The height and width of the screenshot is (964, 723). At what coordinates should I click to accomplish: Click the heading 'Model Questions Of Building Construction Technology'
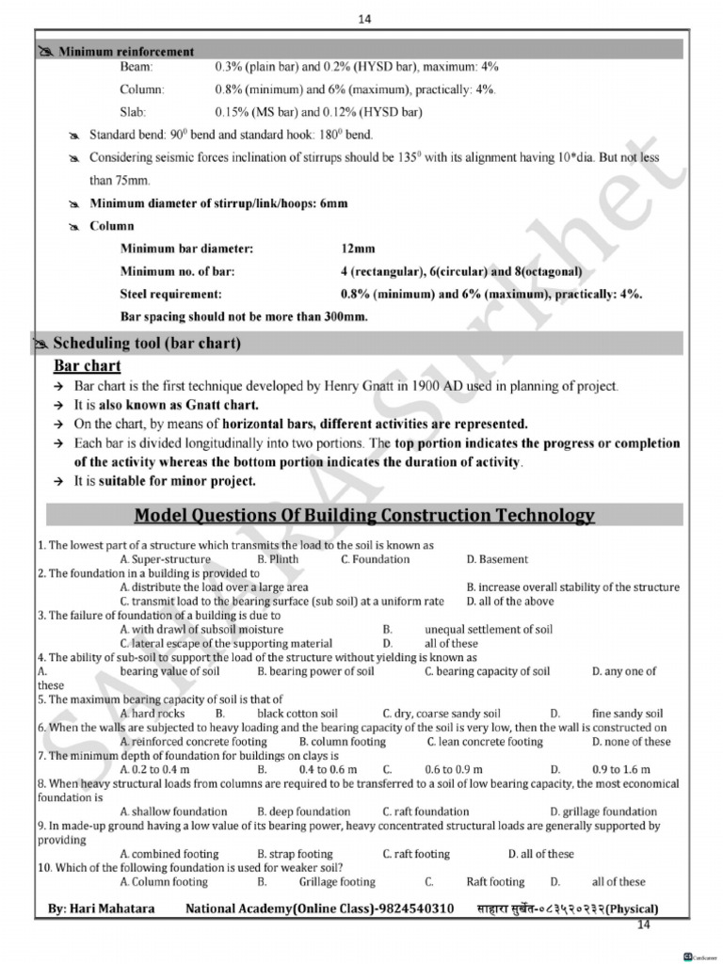(x=364, y=515)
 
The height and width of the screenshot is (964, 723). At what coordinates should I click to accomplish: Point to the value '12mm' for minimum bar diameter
(x=358, y=249)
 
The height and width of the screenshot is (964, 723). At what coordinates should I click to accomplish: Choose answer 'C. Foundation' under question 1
(x=375, y=559)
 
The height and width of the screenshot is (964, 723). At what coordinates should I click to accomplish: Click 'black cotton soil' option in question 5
(x=297, y=714)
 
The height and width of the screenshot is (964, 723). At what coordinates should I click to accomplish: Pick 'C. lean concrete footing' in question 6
(x=484, y=742)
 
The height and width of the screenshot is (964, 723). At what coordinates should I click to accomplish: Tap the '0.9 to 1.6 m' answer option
(x=621, y=769)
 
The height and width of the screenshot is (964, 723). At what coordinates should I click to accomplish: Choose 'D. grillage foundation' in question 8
(x=603, y=811)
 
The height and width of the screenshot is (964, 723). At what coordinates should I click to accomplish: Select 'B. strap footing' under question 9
(x=295, y=854)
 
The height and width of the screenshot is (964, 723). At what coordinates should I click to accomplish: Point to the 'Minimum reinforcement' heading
(x=127, y=52)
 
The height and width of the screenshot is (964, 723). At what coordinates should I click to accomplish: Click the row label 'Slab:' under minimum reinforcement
(x=133, y=112)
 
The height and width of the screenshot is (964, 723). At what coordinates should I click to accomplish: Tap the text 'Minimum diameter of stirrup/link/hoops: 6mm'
(x=218, y=203)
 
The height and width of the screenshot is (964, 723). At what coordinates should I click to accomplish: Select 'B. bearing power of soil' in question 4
(x=315, y=671)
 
